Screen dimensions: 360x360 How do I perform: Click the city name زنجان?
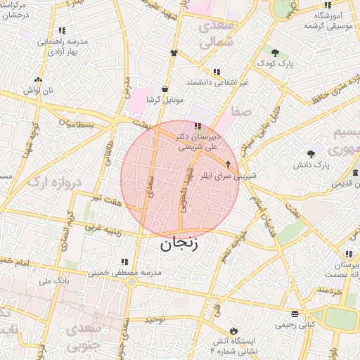tap(179, 245)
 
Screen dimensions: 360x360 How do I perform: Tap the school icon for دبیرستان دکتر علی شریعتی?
tap(196, 127)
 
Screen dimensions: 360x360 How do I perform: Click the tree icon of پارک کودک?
tap(275, 53)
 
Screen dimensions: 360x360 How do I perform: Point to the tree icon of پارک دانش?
tap(311, 154)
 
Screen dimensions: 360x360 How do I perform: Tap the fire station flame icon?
tap(233, 330)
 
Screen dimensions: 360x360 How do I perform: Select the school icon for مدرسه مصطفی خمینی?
tap(124, 262)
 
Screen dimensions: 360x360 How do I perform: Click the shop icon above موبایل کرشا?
tap(165, 89)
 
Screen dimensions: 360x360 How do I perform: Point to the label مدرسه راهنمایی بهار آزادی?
tap(63, 47)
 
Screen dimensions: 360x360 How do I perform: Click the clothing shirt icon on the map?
tap(173, 53)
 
